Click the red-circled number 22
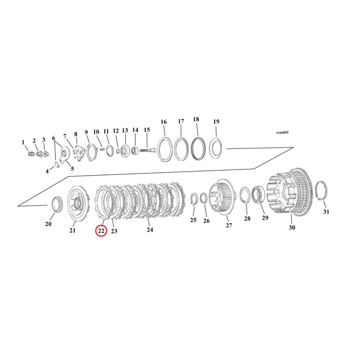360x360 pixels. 101,231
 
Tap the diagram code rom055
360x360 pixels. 282,132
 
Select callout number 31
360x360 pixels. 326,212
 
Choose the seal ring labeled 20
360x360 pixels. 56,204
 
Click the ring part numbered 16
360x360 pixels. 165,150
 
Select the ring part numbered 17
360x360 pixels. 182,150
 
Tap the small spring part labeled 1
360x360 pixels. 30,154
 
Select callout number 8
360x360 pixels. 76,134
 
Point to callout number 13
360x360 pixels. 125,131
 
